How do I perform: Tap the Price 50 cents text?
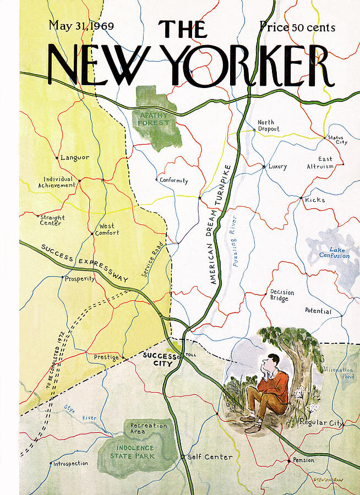297,26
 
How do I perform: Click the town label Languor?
75,157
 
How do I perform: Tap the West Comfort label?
107,229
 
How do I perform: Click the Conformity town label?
173,180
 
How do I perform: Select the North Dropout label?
269,125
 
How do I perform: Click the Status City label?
337,139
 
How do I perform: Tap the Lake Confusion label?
335,252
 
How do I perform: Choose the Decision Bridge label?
282,295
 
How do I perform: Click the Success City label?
159,359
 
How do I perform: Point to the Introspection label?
70,464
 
